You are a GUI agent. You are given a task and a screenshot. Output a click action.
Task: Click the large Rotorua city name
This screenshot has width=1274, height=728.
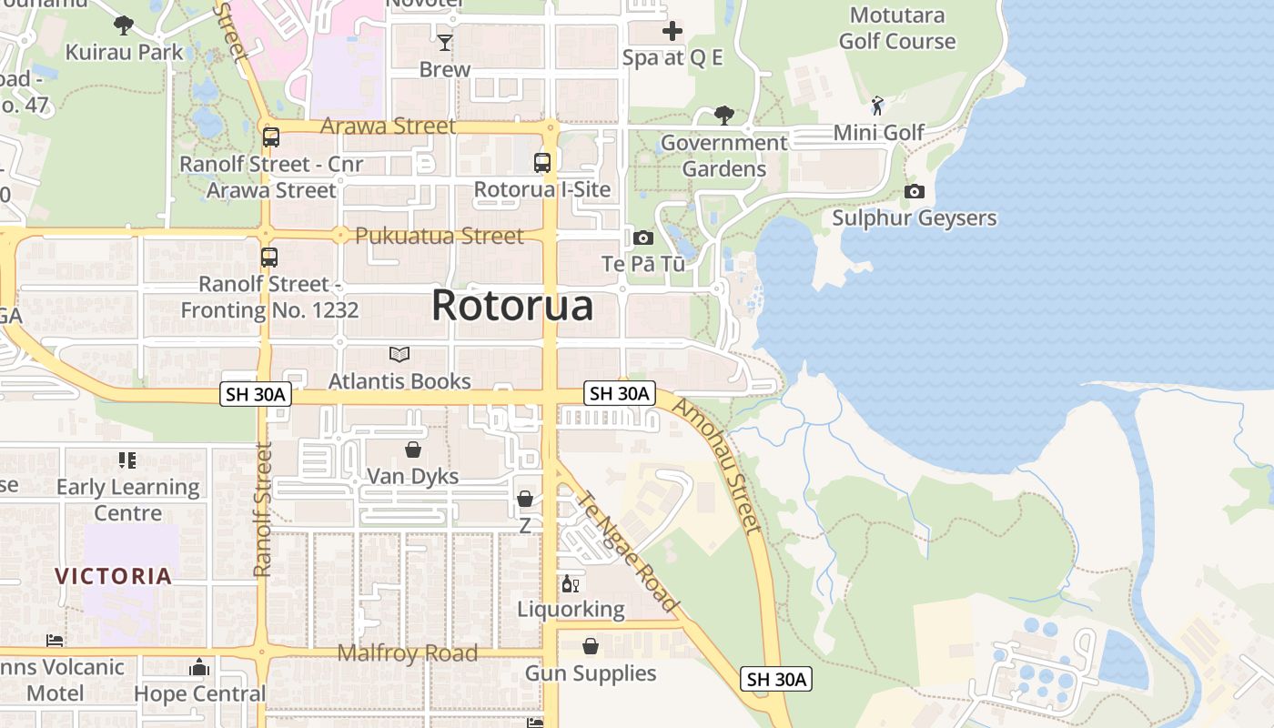point(512,306)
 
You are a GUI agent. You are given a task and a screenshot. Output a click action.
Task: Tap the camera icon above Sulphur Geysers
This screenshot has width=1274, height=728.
point(915,191)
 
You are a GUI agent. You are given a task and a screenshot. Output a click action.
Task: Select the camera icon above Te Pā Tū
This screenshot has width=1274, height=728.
point(643,238)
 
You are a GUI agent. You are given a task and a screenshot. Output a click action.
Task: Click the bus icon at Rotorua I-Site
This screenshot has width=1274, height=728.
point(542,163)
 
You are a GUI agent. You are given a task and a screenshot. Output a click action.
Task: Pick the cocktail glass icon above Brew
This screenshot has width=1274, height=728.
point(445,42)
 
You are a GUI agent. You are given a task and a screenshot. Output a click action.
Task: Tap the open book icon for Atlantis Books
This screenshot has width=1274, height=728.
point(399,354)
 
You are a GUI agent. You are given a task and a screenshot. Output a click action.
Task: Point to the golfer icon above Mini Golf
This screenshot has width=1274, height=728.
point(877,106)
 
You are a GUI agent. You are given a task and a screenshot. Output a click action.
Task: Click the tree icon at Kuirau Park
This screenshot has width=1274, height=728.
point(124,25)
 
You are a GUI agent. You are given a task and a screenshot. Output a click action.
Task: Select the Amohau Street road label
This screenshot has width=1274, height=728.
point(715,465)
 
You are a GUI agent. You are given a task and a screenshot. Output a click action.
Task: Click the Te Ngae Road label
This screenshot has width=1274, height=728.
point(628,551)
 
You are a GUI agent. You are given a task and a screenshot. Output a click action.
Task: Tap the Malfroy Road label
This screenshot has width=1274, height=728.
point(407,653)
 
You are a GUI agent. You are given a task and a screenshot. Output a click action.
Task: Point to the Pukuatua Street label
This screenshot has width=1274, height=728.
point(440,236)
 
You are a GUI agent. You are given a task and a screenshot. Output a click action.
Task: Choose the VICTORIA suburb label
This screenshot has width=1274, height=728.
point(114,576)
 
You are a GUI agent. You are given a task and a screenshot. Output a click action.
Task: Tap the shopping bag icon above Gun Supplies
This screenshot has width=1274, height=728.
point(591,646)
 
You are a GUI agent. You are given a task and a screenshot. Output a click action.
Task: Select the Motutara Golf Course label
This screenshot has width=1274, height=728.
point(896,28)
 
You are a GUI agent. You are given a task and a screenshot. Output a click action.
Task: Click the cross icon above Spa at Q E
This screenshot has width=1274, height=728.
point(672,32)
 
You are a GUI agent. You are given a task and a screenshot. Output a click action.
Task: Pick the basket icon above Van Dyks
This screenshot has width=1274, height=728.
point(413,450)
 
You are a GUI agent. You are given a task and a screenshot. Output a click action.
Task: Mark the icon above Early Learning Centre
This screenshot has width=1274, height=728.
point(127,460)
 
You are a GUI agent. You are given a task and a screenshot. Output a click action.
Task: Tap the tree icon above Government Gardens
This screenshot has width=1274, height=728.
point(724,116)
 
